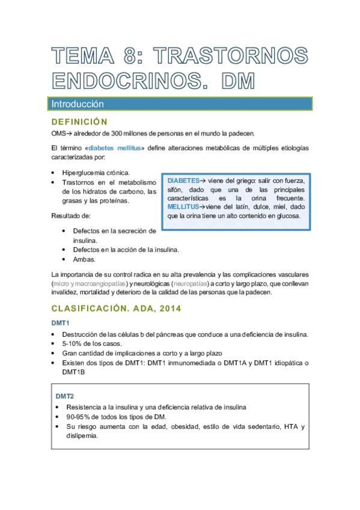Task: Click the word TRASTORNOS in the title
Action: click(231, 57)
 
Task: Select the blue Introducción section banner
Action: click(180, 103)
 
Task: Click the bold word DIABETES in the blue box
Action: click(183, 181)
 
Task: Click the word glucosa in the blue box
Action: click(285, 215)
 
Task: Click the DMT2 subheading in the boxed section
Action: click(65, 396)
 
